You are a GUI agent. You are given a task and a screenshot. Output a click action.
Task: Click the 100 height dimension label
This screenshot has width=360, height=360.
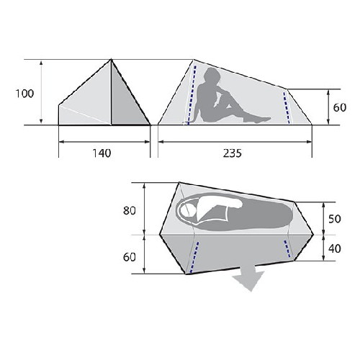[x=24, y=94]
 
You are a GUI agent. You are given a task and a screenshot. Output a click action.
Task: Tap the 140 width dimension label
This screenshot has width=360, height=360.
[x=102, y=153]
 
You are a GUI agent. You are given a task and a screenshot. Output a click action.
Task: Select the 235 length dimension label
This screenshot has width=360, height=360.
[x=233, y=153]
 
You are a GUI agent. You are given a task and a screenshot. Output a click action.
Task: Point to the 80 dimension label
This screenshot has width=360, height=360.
[x=130, y=210]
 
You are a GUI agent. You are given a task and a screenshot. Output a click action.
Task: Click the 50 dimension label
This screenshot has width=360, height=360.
[x=335, y=219]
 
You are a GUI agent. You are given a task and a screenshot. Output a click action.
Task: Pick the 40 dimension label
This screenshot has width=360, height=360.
[x=335, y=248]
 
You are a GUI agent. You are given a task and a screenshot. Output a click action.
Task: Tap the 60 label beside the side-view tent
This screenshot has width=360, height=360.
[x=340, y=107]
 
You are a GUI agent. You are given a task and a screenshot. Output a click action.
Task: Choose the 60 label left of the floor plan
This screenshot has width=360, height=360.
[x=130, y=257]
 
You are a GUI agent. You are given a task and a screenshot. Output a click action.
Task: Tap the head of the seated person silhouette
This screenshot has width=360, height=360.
[x=212, y=76]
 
